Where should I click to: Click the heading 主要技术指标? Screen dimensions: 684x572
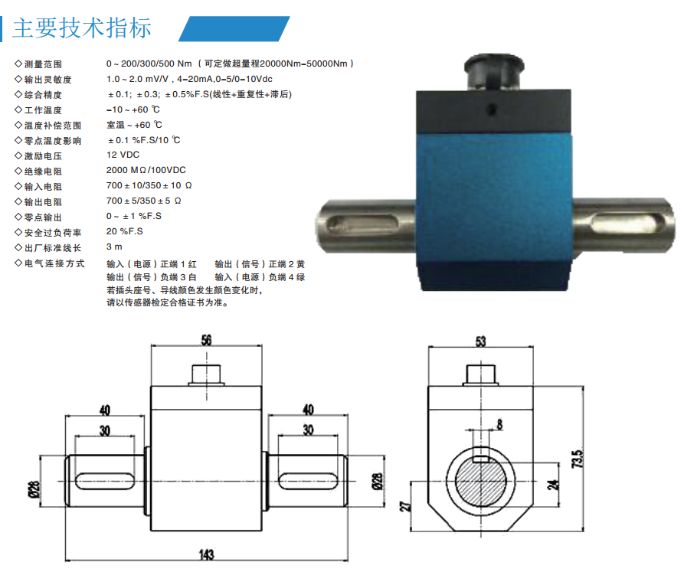[82, 28]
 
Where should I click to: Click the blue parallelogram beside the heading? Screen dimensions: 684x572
[234, 29]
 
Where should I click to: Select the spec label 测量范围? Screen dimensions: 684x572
[43, 64]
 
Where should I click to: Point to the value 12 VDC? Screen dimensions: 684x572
[123, 155]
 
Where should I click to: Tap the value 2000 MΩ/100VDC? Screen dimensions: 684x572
[146, 170]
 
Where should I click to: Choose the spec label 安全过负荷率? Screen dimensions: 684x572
[53, 232]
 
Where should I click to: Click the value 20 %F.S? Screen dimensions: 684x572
[125, 231]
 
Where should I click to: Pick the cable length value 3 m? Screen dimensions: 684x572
[114, 247]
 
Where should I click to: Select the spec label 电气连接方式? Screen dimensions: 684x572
[54, 263]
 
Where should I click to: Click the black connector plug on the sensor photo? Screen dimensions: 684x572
[494, 72]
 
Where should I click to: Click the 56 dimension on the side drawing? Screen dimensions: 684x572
[206, 340]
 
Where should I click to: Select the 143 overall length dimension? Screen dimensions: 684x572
[206, 554]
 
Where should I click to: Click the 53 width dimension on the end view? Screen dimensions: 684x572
[480, 342]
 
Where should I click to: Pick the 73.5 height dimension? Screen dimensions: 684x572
[577, 459]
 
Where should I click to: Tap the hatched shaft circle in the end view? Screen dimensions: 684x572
[481, 482]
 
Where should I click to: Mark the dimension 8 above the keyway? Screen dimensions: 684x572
[499, 424]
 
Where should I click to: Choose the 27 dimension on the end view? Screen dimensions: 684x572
[406, 505]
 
